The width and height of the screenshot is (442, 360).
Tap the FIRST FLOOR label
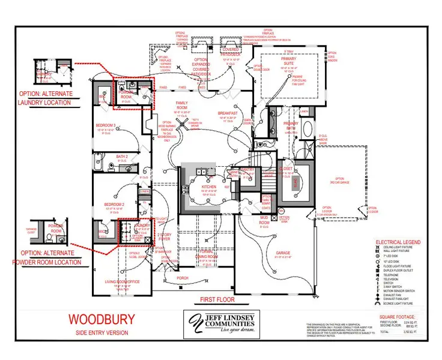(x=217, y=299)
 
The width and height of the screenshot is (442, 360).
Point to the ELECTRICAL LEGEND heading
(x=397, y=242)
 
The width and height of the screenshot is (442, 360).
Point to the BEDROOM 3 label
(x=106, y=125)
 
